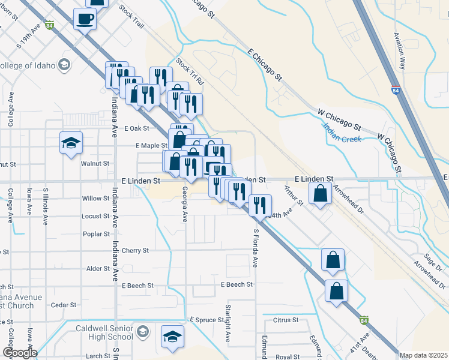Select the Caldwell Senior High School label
[x=106, y=334]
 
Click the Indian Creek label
[x=342, y=133]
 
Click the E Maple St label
[x=151, y=146]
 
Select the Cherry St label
[x=135, y=251]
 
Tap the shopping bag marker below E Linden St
[x=321, y=194]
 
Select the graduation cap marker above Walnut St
[x=71, y=143]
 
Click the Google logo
[x=19, y=353]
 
